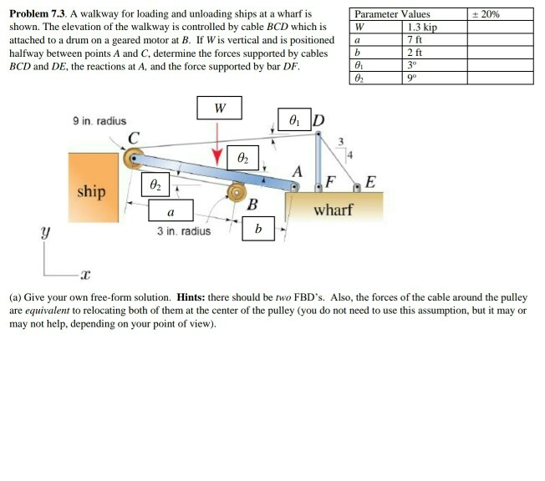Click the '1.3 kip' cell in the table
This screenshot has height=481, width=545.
click(420, 28)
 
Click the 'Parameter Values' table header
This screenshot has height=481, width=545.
click(392, 14)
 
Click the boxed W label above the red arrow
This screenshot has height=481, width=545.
click(219, 109)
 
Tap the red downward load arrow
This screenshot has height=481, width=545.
click(219, 142)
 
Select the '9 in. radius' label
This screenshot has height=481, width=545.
click(99, 122)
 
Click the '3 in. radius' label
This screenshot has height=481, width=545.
click(185, 230)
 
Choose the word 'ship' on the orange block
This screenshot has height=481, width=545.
click(91, 191)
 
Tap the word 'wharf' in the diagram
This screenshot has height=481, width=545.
click(332, 209)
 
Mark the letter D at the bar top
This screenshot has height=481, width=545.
click(318, 119)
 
